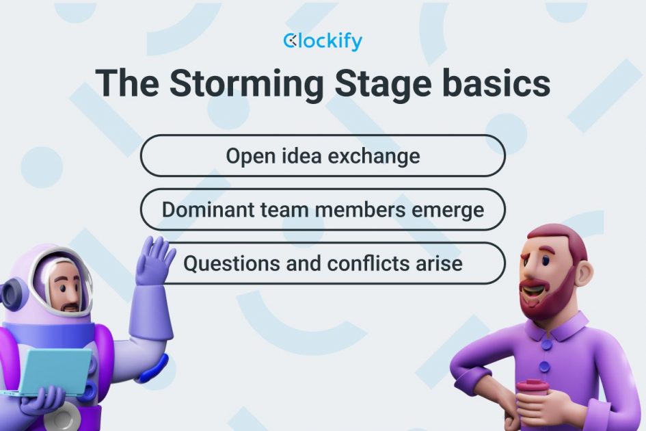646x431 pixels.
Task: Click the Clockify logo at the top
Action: [x=323, y=42]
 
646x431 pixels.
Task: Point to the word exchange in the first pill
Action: [x=373, y=156]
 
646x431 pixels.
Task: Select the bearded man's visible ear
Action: [x=582, y=273]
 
